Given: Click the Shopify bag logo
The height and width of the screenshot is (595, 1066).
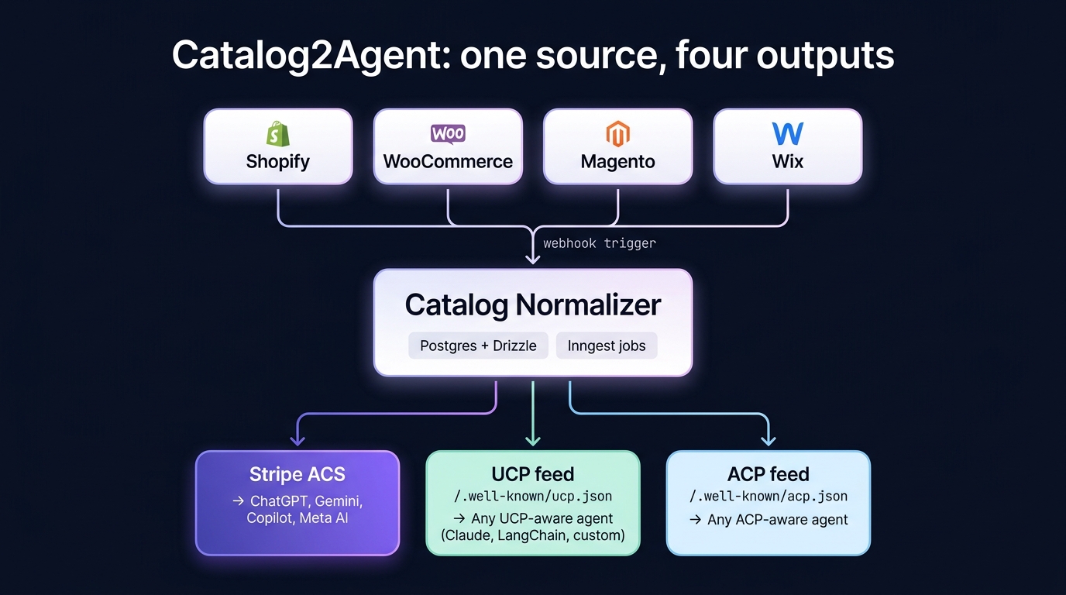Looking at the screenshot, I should click(x=277, y=133).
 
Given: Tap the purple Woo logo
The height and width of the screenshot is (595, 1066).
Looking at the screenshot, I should click(x=448, y=133).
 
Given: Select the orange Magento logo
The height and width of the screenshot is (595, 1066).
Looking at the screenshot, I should click(x=617, y=134).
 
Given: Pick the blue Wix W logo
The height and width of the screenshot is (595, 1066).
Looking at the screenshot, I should click(x=787, y=133).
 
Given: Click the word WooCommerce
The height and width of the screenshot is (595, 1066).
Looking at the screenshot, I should click(x=448, y=162).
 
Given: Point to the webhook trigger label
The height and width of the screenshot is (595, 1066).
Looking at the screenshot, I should click(x=599, y=243).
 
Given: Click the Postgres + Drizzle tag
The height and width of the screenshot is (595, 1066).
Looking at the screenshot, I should click(x=478, y=346).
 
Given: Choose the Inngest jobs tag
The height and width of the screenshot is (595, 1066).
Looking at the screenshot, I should click(x=606, y=346).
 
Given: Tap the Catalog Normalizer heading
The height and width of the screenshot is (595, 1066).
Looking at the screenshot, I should click(x=532, y=304).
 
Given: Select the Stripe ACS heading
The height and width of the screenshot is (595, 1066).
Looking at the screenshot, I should click(x=297, y=474).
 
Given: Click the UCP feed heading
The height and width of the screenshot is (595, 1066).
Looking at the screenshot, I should click(x=532, y=474).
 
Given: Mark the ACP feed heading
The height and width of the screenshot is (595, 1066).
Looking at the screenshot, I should click(x=768, y=474).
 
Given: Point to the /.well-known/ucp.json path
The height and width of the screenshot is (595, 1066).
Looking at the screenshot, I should click(x=532, y=497).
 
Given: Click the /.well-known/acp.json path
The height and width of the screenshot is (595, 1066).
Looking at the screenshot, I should click(x=768, y=497).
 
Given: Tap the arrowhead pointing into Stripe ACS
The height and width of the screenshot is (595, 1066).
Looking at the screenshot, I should click(x=297, y=440).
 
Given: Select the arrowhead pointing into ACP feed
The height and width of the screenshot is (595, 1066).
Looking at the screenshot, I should click(x=768, y=440).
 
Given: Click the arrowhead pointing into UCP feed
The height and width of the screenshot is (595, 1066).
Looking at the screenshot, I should click(x=532, y=440).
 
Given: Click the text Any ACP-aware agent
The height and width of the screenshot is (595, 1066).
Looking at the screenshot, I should click(x=777, y=520).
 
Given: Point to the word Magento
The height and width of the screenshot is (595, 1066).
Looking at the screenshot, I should click(x=617, y=162).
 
